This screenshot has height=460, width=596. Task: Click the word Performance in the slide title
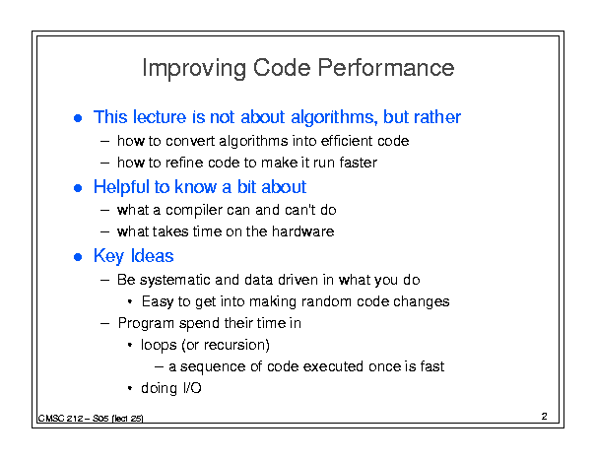pyautogui.click(x=386, y=68)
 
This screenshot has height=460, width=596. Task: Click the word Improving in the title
pyautogui.click(x=194, y=69)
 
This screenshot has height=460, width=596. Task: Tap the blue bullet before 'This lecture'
pyautogui.click(x=78, y=118)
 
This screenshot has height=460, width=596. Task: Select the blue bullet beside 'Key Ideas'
pyautogui.click(x=78, y=257)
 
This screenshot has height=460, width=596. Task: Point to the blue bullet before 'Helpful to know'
pyautogui.click(x=78, y=188)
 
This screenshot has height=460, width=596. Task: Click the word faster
pyautogui.click(x=358, y=163)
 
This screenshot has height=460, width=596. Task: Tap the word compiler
pyautogui.click(x=196, y=211)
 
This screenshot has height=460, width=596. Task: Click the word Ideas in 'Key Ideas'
pyautogui.click(x=152, y=256)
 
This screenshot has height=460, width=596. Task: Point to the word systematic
pyautogui.click(x=175, y=280)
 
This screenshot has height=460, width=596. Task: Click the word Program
pyautogui.click(x=147, y=324)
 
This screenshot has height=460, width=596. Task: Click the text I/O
pyautogui.click(x=192, y=388)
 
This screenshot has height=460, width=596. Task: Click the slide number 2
pyautogui.click(x=545, y=417)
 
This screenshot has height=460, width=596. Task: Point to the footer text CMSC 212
pyautogui.click(x=60, y=419)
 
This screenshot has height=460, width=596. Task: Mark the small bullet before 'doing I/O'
pyautogui.click(x=130, y=388)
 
